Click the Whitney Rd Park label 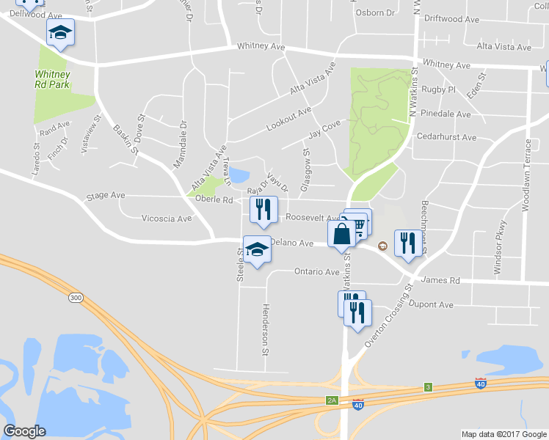click(51, 78)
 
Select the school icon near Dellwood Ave click(60, 32)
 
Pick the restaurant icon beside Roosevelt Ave click(262, 210)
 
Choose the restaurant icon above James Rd click(407, 243)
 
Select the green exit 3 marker click(427, 387)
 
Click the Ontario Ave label click(317, 271)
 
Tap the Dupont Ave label click(432, 304)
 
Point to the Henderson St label click(266, 329)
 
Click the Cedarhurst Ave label click(446, 137)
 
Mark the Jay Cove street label click(326, 128)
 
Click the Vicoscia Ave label click(166, 219)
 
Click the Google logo click(25, 431)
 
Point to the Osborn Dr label click(374, 13)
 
